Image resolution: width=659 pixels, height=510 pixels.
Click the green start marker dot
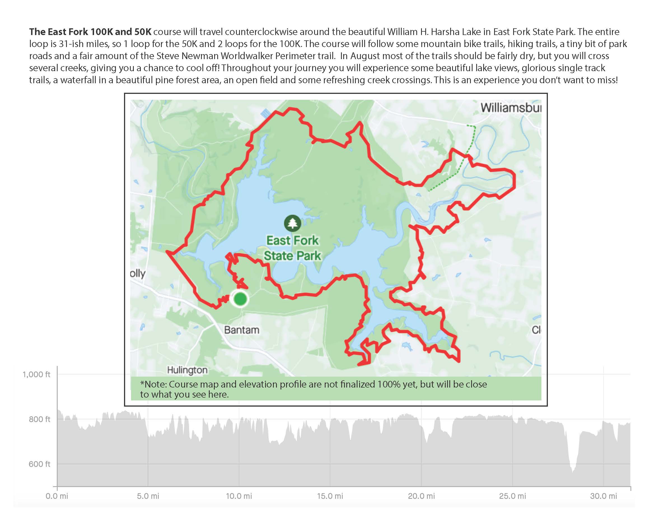coord(240,299)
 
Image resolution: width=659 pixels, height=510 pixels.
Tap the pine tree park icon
coord(292,223)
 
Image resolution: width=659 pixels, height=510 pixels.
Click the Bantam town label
coord(241,330)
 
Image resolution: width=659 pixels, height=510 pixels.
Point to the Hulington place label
coord(187,370)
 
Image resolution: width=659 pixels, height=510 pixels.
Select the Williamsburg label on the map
coord(511,108)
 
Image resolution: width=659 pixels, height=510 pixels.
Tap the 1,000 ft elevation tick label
coord(36,374)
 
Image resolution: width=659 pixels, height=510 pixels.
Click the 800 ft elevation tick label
coord(39,419)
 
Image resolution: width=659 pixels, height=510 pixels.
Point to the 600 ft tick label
coord(39,464)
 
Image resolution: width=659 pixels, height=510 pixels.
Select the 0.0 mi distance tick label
coord(57,496)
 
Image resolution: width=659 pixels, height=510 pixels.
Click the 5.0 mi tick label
coord(148,496)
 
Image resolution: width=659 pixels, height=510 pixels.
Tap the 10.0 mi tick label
coord(239,496)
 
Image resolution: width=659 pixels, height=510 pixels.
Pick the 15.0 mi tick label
coord(330,496)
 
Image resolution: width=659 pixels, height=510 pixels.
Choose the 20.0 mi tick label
coord(421,496)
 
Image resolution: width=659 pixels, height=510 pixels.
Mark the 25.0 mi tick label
coord(512,496)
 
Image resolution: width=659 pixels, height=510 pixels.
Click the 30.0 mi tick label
coord(604,496)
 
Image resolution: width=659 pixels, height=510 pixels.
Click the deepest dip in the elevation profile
coord(572,472)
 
